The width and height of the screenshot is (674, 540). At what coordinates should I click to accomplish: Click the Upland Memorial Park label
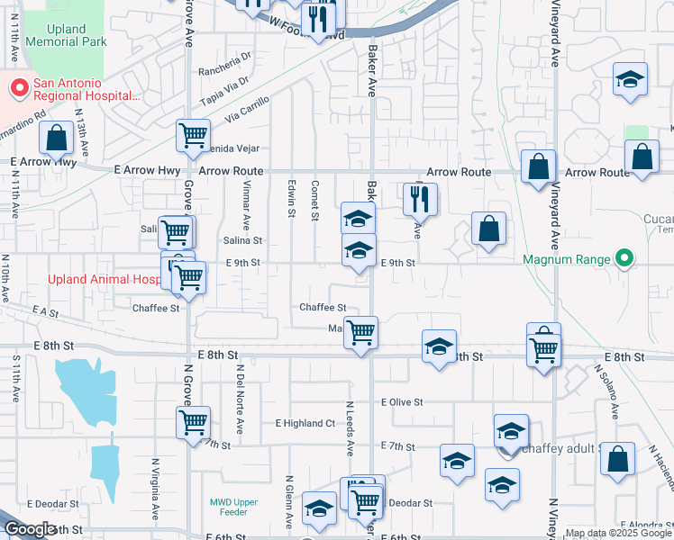(x=66, y=34)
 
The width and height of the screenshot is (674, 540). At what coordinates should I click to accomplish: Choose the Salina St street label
(x=242, y=241)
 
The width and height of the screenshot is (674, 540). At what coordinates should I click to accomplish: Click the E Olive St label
(x=402, y=403)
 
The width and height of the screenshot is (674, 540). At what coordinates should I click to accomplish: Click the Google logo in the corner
(x=29, y=529)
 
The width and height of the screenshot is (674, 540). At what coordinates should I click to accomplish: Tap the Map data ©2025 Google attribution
(x=618, y=534)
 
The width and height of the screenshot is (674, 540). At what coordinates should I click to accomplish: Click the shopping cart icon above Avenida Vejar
(x=193, y=135)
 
